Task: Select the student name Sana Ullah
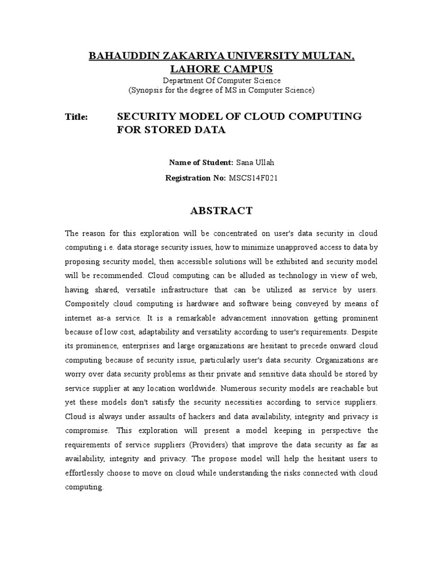[255, 163]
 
